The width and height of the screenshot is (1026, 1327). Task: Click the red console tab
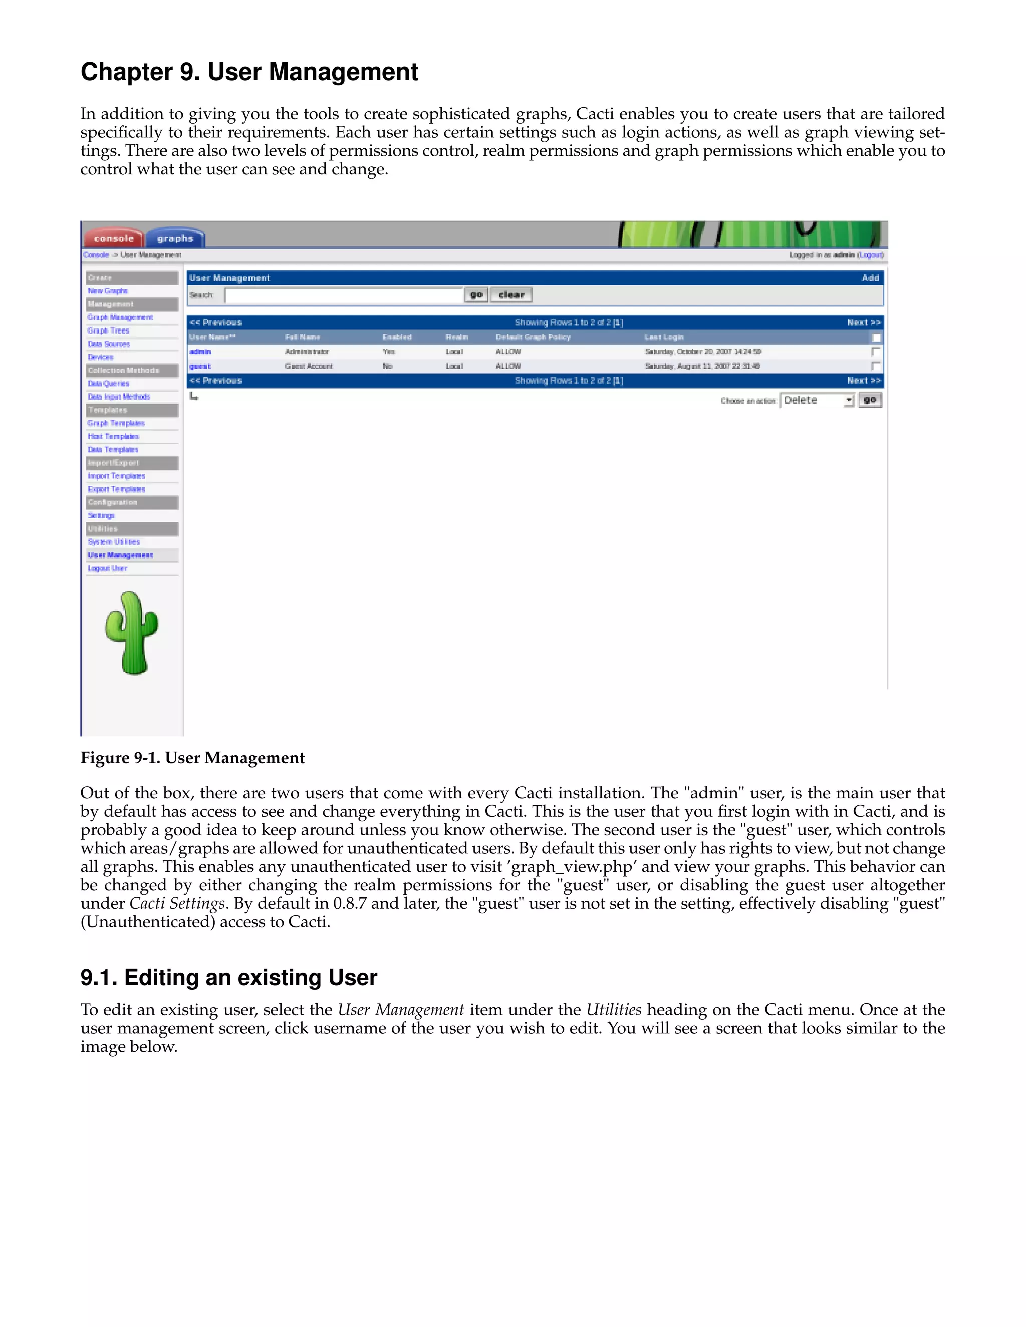point(114,238)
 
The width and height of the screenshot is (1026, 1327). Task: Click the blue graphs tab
point(175,238)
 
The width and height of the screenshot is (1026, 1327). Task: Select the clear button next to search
point(511,294)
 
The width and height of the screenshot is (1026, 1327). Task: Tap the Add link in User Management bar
point(870,278)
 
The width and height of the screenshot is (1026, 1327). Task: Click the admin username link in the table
point(200,351)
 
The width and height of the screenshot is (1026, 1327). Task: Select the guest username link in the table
point(200,366)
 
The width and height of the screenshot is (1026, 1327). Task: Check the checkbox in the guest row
point(875,366)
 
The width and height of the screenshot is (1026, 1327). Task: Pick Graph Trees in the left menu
point(108,330)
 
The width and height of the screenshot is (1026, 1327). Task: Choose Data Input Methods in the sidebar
point(119,396)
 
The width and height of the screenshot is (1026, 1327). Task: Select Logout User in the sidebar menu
point(107,568)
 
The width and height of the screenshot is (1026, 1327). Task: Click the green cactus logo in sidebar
point(131,632)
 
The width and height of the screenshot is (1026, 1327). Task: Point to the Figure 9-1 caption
point(193,758)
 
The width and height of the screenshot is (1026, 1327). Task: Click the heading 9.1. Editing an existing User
point(228,977)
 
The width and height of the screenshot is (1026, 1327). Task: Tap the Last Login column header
point(664,337)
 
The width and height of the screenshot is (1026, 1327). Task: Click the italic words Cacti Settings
point(177,903)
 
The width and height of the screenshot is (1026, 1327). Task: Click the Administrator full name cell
point(307,351)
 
